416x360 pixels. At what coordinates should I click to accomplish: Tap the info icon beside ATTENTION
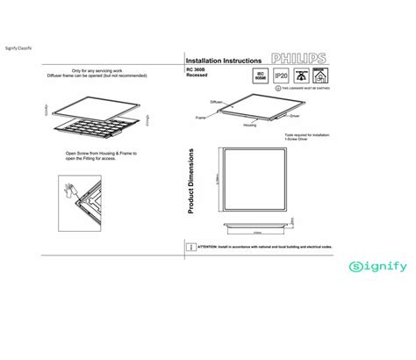coord(190,248)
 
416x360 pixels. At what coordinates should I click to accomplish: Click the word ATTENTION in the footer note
coord(209,248)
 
